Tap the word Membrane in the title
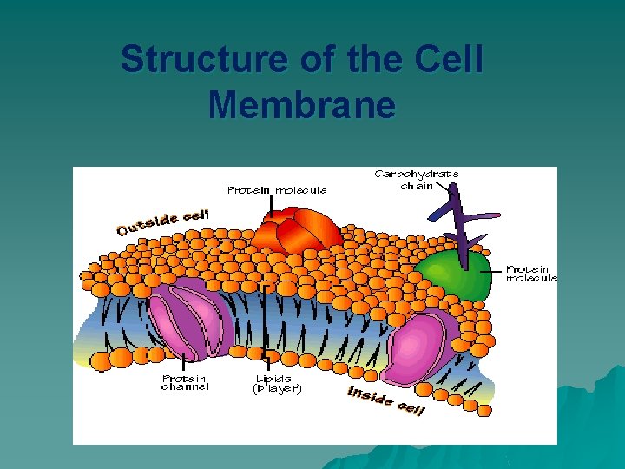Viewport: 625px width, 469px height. [x=302, y=106]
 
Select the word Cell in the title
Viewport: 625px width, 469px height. [x=449, y=61]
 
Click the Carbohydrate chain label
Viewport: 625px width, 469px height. [x=417, y=179]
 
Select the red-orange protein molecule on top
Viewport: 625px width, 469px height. [x=298, y=231]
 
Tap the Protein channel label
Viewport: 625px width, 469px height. [x=185, y=382]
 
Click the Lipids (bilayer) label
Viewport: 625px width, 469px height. [x=277, y=383]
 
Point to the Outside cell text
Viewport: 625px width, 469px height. [x=164, y=221]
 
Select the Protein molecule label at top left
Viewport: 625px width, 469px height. [x=277, y=190]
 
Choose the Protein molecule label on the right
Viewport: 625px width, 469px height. [x=531, y=274]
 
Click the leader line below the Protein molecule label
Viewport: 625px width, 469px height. [x=272, y=206]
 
